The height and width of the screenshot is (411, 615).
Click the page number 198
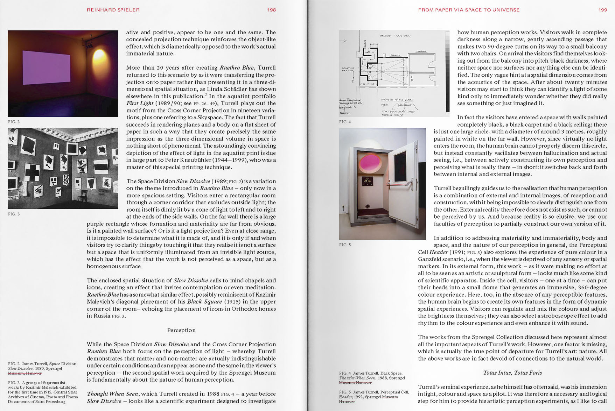tap(272, 10)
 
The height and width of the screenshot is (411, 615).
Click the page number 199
tap(603, 10)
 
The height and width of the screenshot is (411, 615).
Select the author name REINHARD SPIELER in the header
tap(113, 10)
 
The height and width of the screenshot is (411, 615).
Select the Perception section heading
tap(181, 330)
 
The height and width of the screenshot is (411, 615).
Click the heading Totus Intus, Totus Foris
tap(512, 373)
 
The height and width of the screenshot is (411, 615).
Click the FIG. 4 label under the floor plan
tap(345, 122)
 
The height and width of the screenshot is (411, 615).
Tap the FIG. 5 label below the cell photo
tap(345, 245)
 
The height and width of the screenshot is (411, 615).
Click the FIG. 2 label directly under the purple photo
tap(14, 122)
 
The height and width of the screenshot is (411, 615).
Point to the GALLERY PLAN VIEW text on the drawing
tap(395, 36)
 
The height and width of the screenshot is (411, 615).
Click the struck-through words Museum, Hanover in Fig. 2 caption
tap(25, 373)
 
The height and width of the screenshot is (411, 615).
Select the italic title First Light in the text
tap(140, 103)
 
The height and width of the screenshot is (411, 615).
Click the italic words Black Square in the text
tap(205, 302)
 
